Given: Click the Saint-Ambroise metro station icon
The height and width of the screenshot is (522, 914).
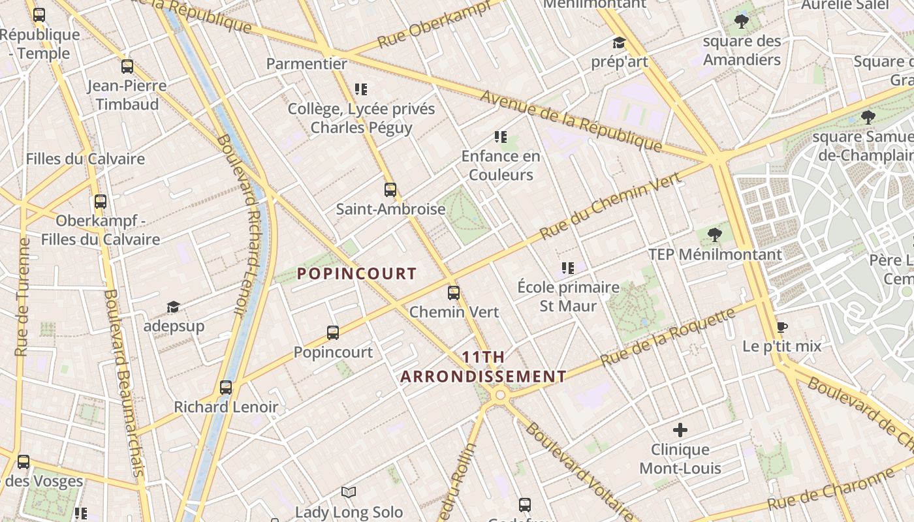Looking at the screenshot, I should tap(390, 190).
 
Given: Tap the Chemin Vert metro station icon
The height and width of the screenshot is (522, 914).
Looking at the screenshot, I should tap(454, 293).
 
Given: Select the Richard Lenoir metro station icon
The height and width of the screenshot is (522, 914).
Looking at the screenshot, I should tap(226, 388).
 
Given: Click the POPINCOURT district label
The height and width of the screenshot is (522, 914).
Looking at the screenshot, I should tap(357, 273).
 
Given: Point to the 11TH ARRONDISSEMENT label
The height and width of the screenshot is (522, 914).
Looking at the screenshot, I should tap(483, 367).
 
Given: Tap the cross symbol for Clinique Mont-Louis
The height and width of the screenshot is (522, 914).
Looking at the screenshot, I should tap(680, 430).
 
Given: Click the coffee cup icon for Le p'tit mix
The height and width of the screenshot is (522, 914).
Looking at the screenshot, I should tap(781, 327).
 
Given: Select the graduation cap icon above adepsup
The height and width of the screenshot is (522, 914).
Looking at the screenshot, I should tap(173, 307).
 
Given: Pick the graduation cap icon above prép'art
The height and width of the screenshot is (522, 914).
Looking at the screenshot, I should tap(619, 43).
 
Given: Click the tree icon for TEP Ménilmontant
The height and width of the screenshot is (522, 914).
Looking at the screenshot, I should tap(715, 235).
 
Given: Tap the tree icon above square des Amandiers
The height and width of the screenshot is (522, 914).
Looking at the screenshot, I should tap(742, 22).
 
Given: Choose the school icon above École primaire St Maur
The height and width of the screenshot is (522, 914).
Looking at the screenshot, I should tap(568, 268).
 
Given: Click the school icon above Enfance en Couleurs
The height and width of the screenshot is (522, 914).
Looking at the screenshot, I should tap(501, 137).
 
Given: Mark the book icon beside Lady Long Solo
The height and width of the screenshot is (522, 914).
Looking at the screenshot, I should tap(349, 493).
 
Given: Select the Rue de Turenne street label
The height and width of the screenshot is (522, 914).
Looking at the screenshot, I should tap(23, 297).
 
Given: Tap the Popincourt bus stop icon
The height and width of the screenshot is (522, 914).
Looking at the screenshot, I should tap(333, 333).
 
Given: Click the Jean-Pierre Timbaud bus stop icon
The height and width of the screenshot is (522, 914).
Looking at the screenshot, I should tap(127, 67).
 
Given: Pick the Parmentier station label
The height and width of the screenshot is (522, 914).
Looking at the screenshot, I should tap(307, 64).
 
